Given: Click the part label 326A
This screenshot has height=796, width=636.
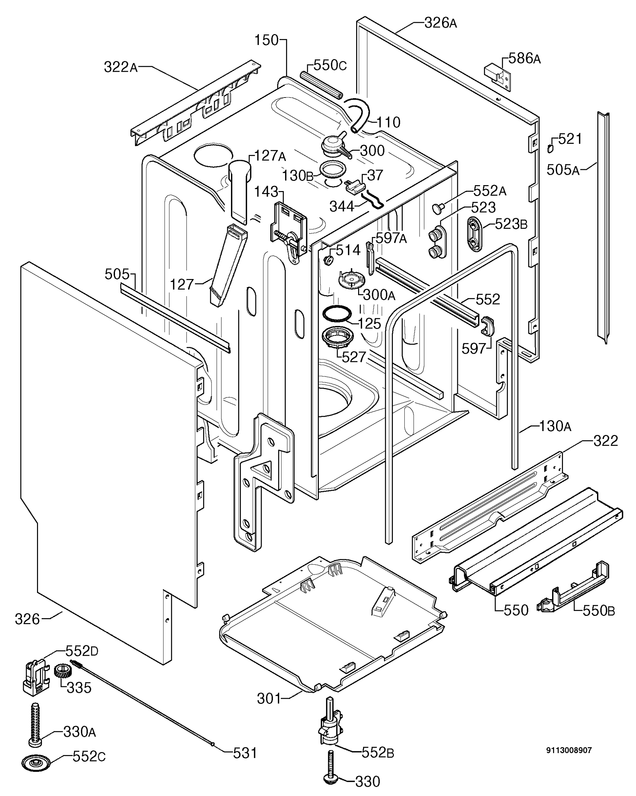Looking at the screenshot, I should click(440, 23).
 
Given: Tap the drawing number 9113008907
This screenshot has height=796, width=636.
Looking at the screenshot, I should click(569, 750).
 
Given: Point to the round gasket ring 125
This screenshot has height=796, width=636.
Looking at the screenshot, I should click(336, 313).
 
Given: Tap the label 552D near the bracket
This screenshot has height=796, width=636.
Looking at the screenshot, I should click(82, 651).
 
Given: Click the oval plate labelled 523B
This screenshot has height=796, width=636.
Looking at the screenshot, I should click(474, 234).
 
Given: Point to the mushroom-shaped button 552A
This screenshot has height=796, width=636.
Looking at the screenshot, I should click(437, 209).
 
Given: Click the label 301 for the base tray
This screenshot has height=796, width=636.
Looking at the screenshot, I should click(269, 698).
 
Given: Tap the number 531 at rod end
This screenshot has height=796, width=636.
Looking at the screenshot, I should click(244, 753).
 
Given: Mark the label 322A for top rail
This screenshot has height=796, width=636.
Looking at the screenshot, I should click(120, 67).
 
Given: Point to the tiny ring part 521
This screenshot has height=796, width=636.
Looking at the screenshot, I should click(550, 148).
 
